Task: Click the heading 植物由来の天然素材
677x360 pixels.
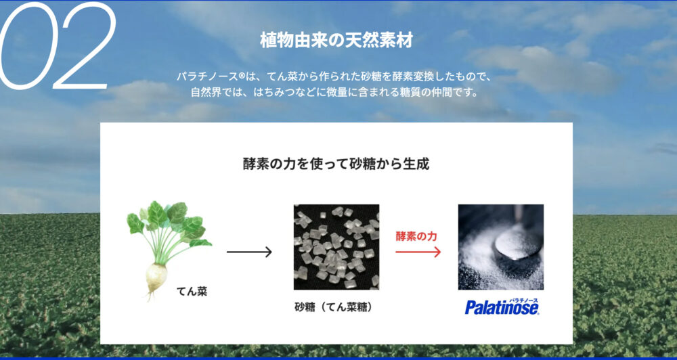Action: pyautogui.click(x=336, y=41)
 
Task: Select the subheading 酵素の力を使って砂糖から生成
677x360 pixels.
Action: pyautogui.click(x=336, y=164)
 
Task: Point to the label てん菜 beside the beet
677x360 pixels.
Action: pyautogui.click(x=192, y=292)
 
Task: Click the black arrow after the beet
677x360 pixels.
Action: pyautogui.click(x=249, y=252)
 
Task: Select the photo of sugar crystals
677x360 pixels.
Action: pyautogui.click(x=336, y=247)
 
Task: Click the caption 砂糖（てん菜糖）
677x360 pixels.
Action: pyautogui.click(x=334, y=308)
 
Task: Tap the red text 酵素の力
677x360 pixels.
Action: pyautogui.click(x=416, y=236)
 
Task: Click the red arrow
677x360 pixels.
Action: pyautogui.click(x=418, y=252)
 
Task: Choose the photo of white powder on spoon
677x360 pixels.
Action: pyautogui.click(x=501, y=247)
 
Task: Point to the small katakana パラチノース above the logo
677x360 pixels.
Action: pyautogui.click(x=523, y=300)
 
